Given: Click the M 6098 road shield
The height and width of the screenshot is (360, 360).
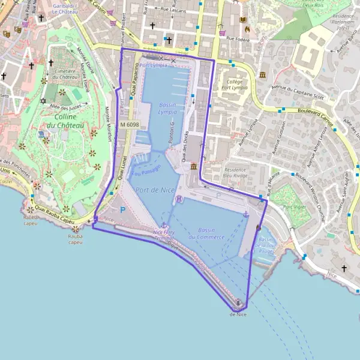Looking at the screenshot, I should click(129, 124).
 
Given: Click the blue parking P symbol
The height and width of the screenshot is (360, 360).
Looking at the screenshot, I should click(122, 209).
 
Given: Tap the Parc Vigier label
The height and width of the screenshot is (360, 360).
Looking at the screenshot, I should click(295, 207).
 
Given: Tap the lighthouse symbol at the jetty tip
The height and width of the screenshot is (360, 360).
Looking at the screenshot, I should click(238, 302).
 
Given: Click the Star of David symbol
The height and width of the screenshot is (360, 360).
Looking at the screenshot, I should click(43, 100).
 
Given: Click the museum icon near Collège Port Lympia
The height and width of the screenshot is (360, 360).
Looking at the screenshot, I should click(263, 74).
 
